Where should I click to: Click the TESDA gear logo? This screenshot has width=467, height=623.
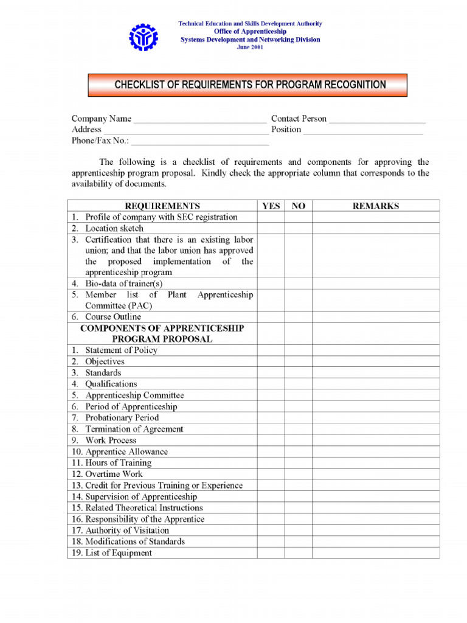(x=143, y=37)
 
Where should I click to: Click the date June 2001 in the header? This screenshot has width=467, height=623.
(x=250, y=48)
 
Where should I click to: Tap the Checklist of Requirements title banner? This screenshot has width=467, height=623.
(x=247, y=85)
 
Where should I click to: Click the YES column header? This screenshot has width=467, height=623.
(x=271, y=206)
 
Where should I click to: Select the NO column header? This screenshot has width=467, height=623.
(x=298, y=206)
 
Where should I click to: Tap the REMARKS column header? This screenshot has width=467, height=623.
(x=375, y=206)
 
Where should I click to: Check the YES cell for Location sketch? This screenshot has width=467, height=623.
(x=271, y=229)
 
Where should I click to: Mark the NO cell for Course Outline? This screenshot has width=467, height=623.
(x=298, y=317)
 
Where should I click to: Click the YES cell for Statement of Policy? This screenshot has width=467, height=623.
(x=271, y=350)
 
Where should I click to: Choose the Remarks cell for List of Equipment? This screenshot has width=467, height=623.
(x=375, y=553)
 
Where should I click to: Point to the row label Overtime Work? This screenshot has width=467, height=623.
(x=114, y=474)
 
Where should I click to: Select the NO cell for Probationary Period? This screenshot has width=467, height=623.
(x=298, y=418)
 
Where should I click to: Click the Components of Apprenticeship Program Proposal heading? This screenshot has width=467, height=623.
(x=162, y=333)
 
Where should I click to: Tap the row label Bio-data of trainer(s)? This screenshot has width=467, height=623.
(x=123, y=284)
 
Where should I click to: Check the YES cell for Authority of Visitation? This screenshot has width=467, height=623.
(x=271, y=531)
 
